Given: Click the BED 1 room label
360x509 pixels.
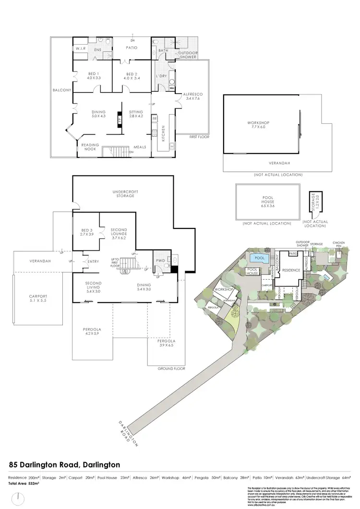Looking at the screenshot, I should [x=93, y=75].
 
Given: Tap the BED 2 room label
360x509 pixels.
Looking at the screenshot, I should [x=132, y=75].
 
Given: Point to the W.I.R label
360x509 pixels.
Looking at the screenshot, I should [x=80, y=49].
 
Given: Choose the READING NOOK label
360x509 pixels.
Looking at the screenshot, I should [x=89, y=147].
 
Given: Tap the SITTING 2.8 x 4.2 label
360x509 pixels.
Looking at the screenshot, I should [x=137, y=114].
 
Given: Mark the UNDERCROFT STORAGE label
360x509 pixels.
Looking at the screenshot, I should [x=126, y=193].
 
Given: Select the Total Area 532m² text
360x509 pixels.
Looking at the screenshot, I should [x=24, y=484].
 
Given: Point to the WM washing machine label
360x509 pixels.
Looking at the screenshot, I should [x=171, y=88].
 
